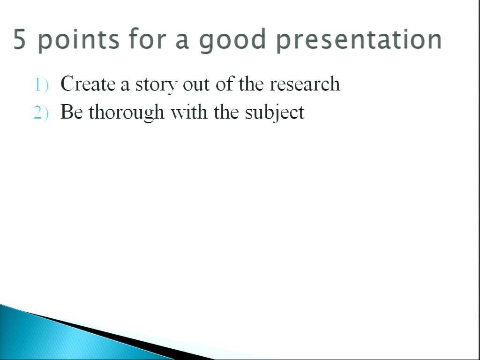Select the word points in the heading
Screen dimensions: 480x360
coord(78,40)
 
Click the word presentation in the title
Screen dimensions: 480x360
coord(359,40)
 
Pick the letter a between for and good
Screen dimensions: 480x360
coord(182,41)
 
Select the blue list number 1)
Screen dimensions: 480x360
coord(41,85)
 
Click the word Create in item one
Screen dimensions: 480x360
coord(88,83)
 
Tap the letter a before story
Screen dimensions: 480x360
coord(125,85)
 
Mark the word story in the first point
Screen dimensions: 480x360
coord(156,85)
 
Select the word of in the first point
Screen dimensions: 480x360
coord(225,83)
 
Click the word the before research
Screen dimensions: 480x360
coord(251,83)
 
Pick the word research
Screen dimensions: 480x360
coord(305,83)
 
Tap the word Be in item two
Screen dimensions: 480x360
coord(72,112)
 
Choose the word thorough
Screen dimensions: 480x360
coord(127,112)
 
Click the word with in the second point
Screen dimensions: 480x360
coord(189,112)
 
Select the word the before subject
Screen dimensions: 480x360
coord(226,112)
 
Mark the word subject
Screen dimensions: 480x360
coord(275,112)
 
